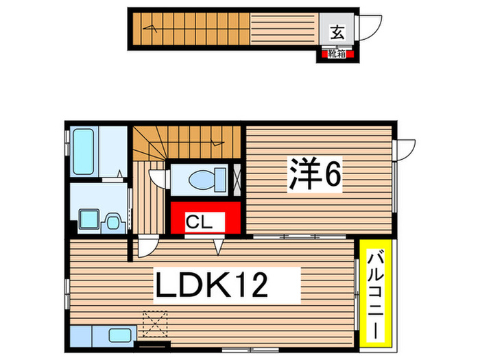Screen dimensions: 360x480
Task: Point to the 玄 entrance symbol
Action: [x=337, y=30]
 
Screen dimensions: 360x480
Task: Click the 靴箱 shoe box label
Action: [x=337, y=51]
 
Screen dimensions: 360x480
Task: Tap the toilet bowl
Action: [x=204, y=180]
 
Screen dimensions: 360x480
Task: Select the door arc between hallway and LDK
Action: [x=147, y=247]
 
